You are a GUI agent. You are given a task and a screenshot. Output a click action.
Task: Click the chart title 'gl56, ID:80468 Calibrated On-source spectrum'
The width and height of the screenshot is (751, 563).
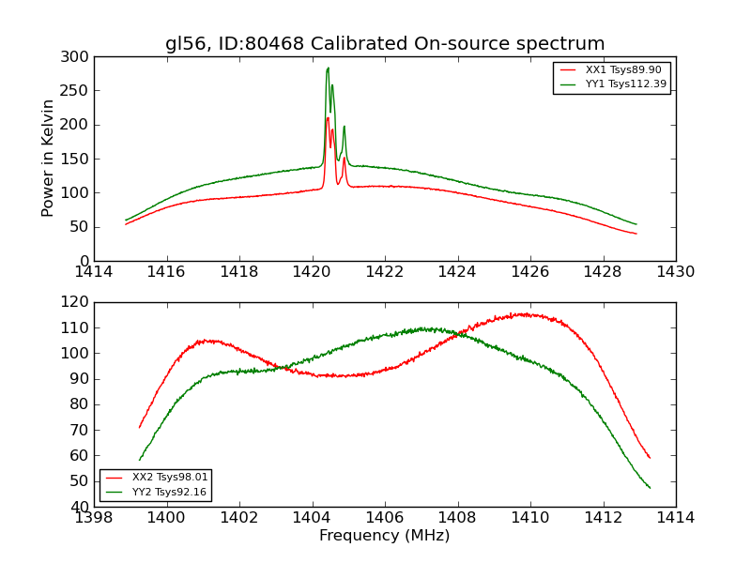point(385,44)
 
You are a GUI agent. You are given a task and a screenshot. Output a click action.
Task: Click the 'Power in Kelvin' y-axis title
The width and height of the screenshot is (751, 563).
point(48,159)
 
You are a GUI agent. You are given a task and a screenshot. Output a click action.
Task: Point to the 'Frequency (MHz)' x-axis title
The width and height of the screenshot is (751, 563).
point(385,536)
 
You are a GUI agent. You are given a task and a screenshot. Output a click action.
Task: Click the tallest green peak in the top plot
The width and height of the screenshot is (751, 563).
point(328,68)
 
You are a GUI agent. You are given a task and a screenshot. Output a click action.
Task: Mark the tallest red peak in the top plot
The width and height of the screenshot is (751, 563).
point(327,118)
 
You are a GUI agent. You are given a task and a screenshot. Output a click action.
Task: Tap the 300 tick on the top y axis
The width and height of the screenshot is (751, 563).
point(78,57)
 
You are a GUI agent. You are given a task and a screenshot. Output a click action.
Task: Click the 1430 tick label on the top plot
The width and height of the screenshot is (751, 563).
point(675,271)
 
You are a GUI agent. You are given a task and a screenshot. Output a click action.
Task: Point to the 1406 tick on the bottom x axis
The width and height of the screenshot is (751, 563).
point(384,517)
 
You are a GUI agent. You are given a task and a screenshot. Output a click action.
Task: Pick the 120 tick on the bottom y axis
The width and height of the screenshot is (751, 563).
point(78,302)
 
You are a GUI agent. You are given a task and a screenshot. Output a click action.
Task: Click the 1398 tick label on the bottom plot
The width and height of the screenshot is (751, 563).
point(94,517)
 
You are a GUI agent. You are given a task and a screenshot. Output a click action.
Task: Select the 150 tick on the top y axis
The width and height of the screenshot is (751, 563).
point(78,159)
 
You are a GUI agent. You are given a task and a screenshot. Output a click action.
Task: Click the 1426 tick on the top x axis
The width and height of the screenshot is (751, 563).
point(529,271)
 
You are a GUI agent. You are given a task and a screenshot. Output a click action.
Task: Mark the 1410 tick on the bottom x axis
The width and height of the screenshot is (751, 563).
point(529,517)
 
